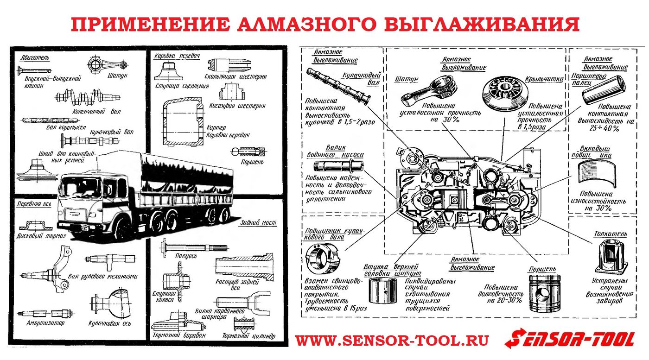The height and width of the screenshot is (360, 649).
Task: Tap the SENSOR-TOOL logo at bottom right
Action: (x=570, y=340)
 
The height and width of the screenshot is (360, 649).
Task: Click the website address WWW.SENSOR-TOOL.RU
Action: (x=392, y=341)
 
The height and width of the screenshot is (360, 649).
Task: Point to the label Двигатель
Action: (x=34, y=58)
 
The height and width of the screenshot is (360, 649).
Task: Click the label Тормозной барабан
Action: (x=178, y=335)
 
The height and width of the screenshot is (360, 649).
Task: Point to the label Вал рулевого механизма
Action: (x=103, y=276)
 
